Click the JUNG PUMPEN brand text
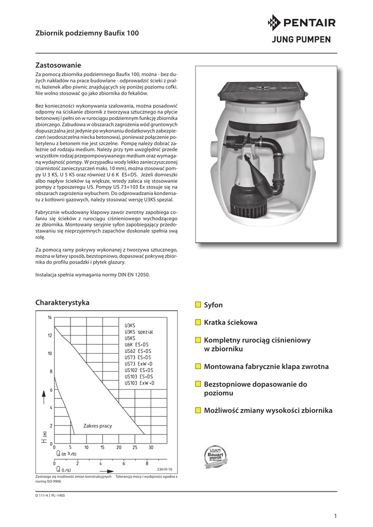pyautogui.click(x=301, y=40)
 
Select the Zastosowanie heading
pyautogui.click(x=58, y=65)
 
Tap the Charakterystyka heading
pyautogui.click(x=62, y=302)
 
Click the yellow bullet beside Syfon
pyautogui.click(x=198, y=305)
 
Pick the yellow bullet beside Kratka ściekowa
pyautogui.click(x=198, y=323)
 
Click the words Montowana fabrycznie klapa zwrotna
pyautogui.click(x=266, y=366)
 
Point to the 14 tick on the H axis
pyautogui.click(x=50, y=317)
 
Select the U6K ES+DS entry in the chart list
pyautogui.click(x=136, y=344)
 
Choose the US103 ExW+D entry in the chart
pyautogui.click(x=139, y=383)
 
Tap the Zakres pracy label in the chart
pyautogui.click(x=97, y=426)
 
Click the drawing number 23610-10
pyautogui.click(x=165, y=469)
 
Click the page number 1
pyautogui.click(x=335, y=516)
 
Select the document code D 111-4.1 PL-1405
pyautogui.click(x=50, y=495)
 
